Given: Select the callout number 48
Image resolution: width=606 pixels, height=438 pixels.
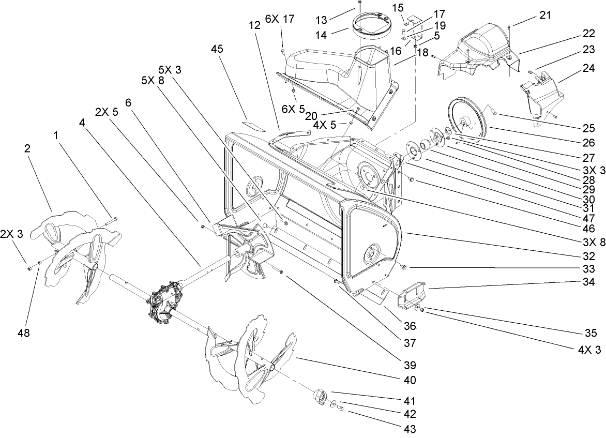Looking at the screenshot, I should click(x=24, y=334).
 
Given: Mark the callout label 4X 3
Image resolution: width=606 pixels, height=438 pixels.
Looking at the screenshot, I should click(x=589, y=350).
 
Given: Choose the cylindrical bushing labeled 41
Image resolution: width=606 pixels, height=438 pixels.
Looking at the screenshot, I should click(x=320, y=398).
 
